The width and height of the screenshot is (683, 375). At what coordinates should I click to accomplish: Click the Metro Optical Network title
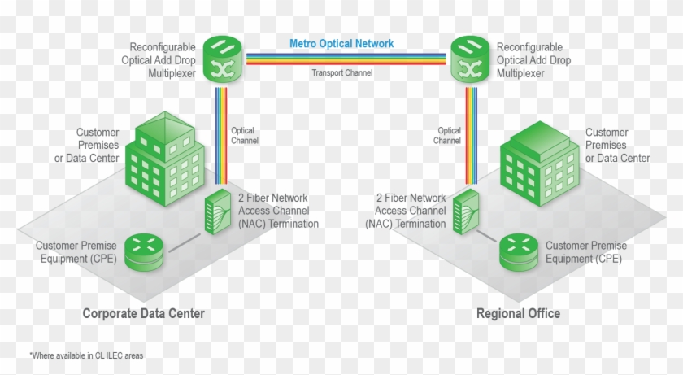[342, 44]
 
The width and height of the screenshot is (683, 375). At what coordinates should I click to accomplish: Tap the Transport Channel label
[342, 72]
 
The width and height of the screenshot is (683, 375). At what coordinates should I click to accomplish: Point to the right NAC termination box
[464, 211]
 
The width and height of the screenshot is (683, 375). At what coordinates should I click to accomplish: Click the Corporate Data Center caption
[143, 313]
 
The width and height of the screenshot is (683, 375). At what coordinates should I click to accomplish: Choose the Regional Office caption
[518, 313]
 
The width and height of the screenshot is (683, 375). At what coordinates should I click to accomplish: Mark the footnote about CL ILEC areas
[86, 355]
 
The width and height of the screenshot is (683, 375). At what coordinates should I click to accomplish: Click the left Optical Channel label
[244, 135]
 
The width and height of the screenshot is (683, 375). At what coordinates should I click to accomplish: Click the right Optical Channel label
[448, 135]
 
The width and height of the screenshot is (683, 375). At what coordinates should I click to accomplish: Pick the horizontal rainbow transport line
[342, 59]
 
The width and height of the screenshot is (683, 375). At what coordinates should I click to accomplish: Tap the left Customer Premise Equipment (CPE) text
[76, 251]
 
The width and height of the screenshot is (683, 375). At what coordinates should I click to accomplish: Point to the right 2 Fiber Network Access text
[411, 210]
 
